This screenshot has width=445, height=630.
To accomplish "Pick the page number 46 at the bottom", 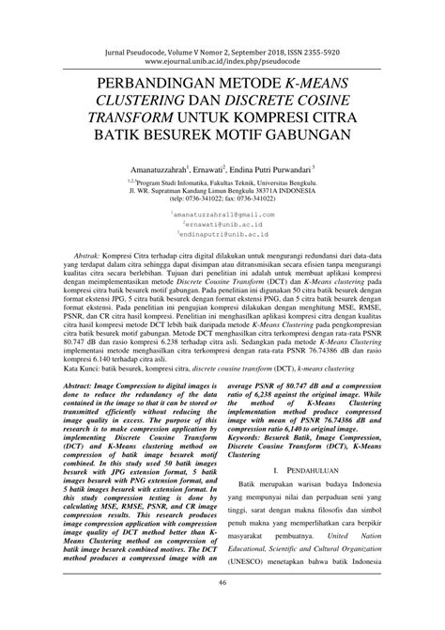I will [x=222, y=610].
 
